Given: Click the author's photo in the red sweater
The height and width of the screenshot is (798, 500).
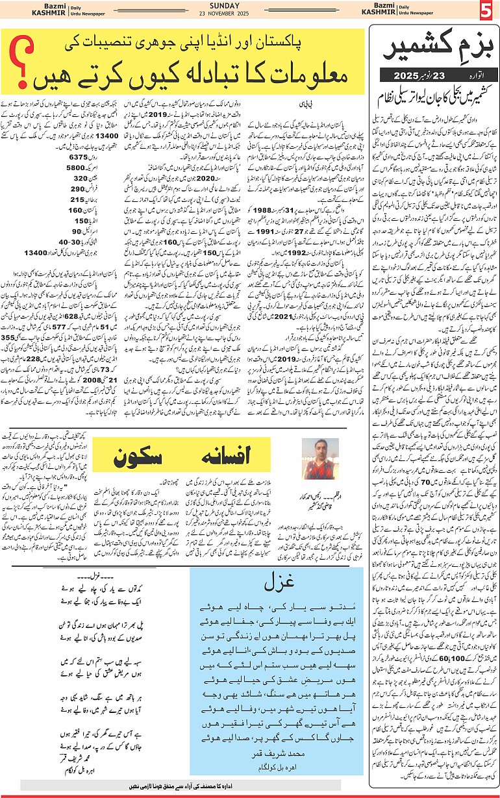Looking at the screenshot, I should pos(318,459).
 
